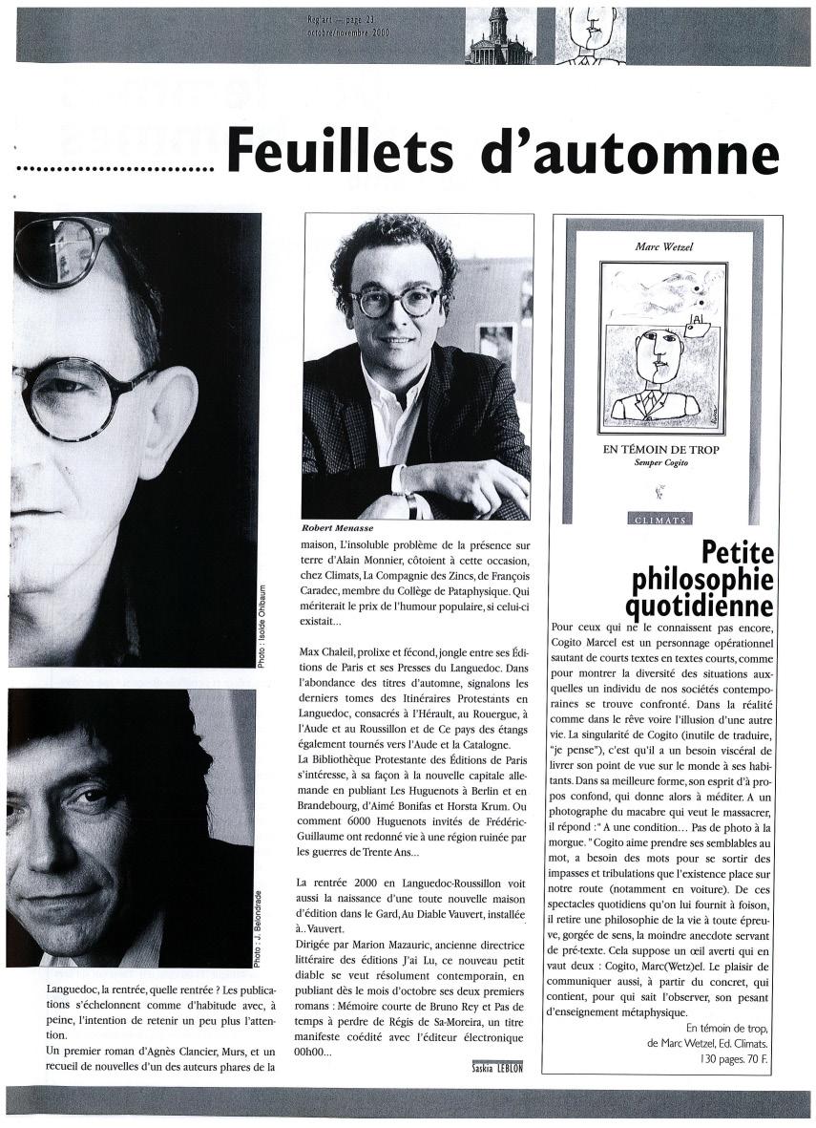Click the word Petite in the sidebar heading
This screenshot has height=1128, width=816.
(739, 552)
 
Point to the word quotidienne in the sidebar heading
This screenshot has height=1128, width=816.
(701, 604)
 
